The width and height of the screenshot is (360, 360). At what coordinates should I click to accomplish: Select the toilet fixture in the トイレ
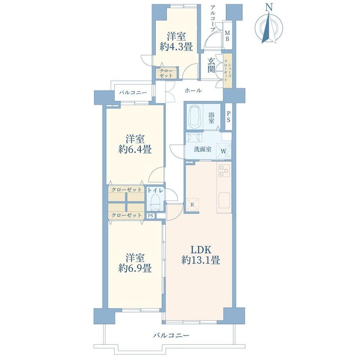click(155, 202)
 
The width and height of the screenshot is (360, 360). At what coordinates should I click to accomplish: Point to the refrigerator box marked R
click(193, 205)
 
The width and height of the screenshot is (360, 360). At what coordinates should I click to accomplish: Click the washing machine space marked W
click(223, 151)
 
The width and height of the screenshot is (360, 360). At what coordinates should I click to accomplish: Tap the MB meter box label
click(227, 36)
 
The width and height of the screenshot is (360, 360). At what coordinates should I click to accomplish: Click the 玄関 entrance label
click(211, 65)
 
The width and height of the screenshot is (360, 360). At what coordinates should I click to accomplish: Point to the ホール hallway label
click(193, 91)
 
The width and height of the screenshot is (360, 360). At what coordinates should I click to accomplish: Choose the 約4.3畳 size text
click(176, 47)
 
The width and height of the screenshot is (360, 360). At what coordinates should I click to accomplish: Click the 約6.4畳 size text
click(135, 150)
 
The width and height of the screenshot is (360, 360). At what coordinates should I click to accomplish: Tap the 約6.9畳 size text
click(135, 268)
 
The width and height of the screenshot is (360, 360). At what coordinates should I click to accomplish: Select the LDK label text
click(201, 249)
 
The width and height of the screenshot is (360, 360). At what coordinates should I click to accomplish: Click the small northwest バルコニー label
click(133, 93)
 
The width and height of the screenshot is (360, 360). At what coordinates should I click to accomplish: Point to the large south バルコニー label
click(171, 335)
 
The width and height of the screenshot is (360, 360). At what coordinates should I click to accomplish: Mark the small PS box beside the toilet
click(151, 216)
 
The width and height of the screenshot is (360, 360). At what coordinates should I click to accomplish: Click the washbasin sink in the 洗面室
click(194, 138)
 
